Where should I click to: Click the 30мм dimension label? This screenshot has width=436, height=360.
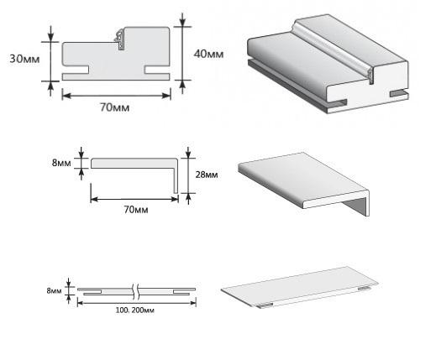tap(24, 59)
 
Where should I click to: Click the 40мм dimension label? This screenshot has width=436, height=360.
tap(208, 54)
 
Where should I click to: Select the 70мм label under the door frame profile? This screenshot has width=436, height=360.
tap(115, 107)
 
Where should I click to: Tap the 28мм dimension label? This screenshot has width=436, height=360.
tap(207, 175)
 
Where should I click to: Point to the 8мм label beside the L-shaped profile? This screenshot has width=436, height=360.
tap(61, 163)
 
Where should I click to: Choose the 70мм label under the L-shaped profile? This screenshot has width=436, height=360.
tap(136, 210)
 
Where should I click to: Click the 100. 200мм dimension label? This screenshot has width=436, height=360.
tap(135, 310)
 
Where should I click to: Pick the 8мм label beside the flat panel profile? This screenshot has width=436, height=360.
tap(54, 291)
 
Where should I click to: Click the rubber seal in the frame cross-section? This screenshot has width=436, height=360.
tap(120, 39)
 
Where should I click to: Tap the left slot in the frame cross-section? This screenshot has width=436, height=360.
tap(76, 70)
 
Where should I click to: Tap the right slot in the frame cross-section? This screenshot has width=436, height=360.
tap(157, 70)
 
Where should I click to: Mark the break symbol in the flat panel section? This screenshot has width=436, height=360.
tap(135, 291)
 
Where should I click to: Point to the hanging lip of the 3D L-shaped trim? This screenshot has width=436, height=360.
tap(355, 206)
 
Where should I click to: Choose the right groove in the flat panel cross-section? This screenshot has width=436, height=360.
tap(181, 292)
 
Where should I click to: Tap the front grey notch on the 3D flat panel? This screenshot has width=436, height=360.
tap(265, 305)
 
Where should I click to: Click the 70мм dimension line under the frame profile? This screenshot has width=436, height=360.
tap(116, 96)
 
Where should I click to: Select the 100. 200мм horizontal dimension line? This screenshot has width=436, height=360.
tap(137, 303)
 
